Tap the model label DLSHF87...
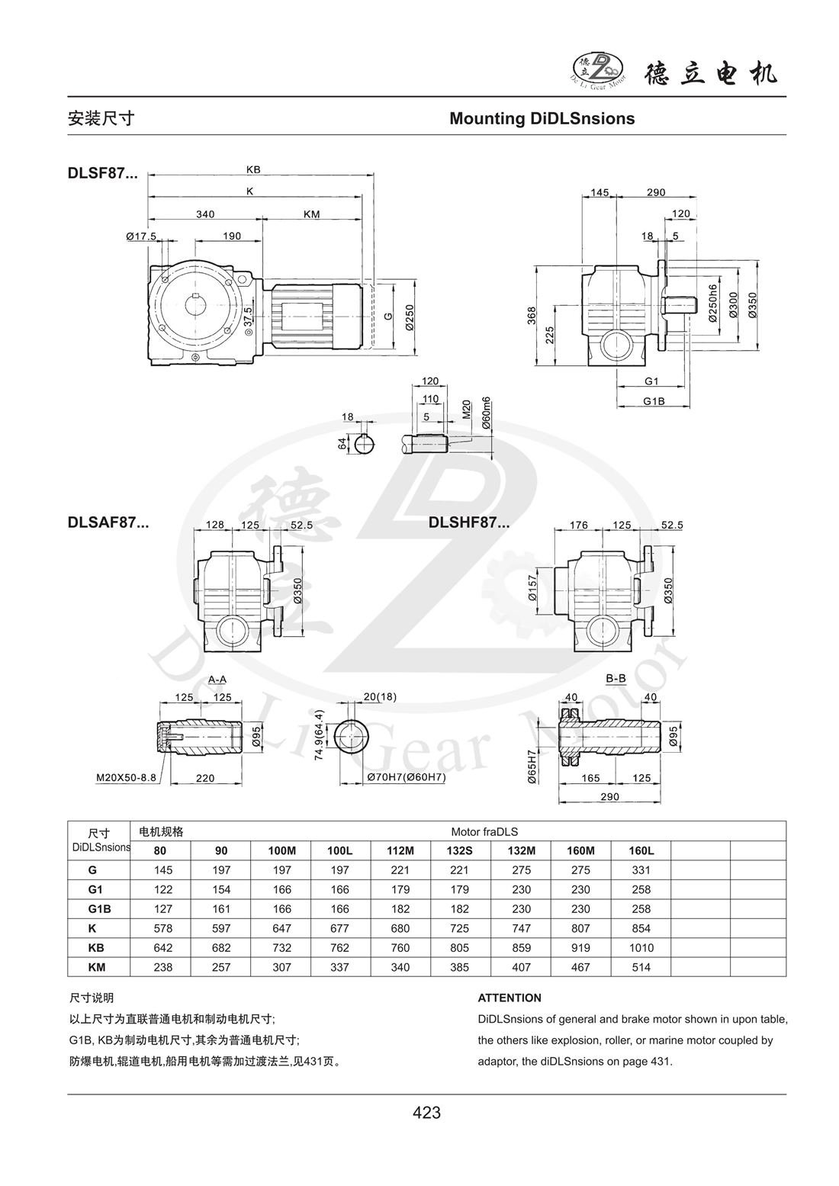coord(468,522)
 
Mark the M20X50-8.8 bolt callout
coord(126,779)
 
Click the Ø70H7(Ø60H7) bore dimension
coord(406,777)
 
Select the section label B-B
coord(616,678)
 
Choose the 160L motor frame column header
coord(641,850)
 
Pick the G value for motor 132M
coord(521,869)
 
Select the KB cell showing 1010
coord(641,947)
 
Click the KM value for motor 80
coord(162,967)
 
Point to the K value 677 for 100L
coord(339,928)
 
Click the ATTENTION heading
coord(510,998)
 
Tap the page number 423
coord(426,1113)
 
